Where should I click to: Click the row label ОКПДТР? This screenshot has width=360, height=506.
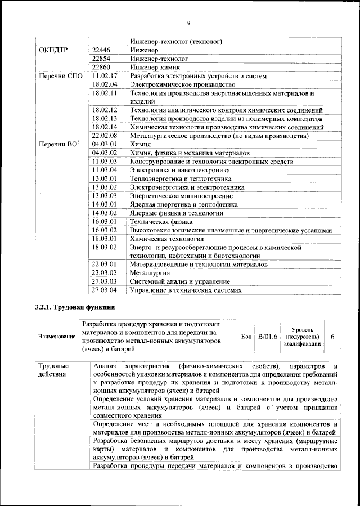54,50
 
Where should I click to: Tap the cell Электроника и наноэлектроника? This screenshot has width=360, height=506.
179,170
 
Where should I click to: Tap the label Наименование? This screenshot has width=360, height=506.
57,337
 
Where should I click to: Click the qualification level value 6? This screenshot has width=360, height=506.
333,337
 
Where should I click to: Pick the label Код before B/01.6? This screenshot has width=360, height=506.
246,337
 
